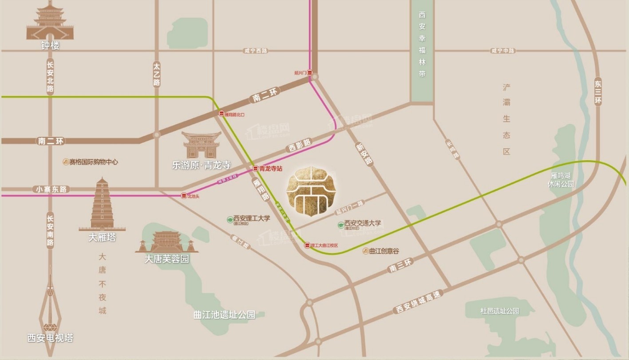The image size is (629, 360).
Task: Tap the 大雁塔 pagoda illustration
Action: [x=102, y=204]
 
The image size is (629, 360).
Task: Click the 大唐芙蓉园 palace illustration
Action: [x=166, y=242]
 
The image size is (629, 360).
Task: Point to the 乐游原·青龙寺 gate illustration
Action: [x=202, y=145]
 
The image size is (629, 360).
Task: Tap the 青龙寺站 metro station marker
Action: [x=255, y=169]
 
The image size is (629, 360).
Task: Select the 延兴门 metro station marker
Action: [x=310, y=72]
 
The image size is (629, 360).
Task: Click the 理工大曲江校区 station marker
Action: [x=307, y=245]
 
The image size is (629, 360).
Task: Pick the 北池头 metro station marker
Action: [x=184, y=195]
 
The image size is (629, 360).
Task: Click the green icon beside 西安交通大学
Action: [x=340, y=225]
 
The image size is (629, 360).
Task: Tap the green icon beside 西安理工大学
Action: [x=230, y=219]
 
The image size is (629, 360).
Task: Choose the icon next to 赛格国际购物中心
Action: [x=65, y=162]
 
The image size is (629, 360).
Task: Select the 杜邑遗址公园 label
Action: [x=499, y=311]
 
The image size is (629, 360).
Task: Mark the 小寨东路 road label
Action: [x=51, y=189]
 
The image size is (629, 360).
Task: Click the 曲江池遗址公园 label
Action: [x=224, y=315]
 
